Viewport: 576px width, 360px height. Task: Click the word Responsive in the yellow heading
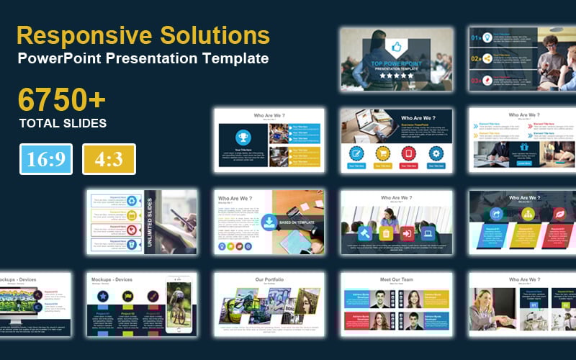(x=76, y=35)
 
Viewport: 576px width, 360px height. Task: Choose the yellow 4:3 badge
(x=109, y=159)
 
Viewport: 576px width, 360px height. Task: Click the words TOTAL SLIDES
(x=63, y=123)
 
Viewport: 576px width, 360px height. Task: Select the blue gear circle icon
(x=435, y=153)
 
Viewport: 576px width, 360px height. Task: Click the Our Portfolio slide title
(x=269, y=279)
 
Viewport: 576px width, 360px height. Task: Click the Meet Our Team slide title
(x=395, y=279)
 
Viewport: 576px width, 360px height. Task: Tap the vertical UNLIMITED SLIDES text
(x=150, y=222)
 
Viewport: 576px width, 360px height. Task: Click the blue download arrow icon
(x=268, y=222)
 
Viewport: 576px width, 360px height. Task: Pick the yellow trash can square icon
(x=385, y=233)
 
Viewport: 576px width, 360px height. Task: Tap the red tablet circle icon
(x=408, y=153)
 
